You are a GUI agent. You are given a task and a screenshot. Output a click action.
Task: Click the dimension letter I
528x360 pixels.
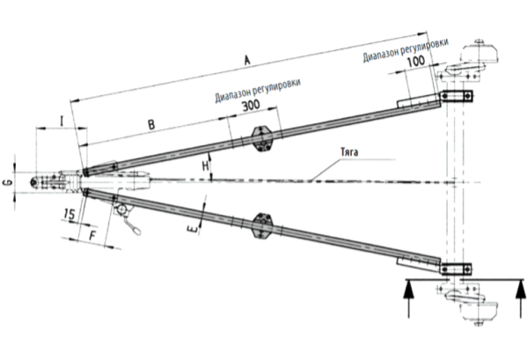pyautogui.click(x=62, y=119)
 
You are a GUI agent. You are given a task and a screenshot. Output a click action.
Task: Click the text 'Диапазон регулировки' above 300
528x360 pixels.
pyautogui.click(x=255, y=91)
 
